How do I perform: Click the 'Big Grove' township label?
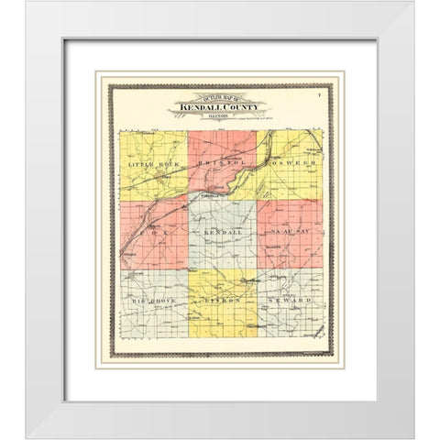click(149, 300)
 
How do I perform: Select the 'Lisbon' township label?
click(223, 301)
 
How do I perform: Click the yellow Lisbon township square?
click(223, 316)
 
